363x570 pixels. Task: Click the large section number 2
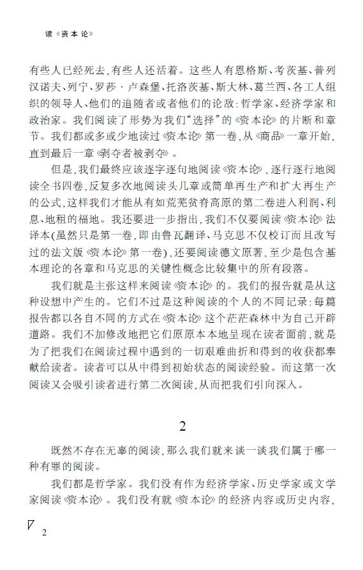(182, 425)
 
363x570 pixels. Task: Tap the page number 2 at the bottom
(44, 532)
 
